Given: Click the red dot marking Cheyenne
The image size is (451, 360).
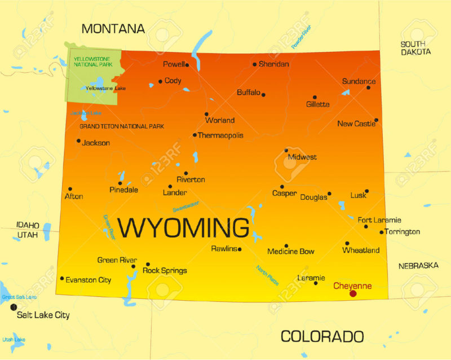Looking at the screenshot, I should click(x=353, y=293).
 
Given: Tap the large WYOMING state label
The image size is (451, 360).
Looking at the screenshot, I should click(x=184, y=228).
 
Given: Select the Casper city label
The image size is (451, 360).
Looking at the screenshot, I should click(x=284, y=193).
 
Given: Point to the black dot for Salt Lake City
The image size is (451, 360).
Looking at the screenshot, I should click(x=14, y=307).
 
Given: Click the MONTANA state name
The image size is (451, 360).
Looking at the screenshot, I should click(x=113, y=28).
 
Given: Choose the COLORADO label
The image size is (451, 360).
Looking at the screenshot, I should click(x=322, y=336).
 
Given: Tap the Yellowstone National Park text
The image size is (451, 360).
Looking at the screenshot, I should click(x=92, y=61).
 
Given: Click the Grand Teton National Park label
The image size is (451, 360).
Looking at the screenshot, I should click(x=122, y=126).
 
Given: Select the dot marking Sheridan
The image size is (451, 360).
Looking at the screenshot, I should click(x=255, y=64).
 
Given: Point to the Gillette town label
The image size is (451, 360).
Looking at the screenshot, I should click(x=318, y=104).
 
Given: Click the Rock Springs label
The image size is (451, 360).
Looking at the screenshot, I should click(x=165, y=271).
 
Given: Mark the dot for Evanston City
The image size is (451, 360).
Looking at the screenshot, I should click(x=62, y=278).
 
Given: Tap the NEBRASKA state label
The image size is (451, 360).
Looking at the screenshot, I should click(x=418, y=265).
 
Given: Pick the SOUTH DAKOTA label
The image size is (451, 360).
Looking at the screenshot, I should click(x=415, y=48).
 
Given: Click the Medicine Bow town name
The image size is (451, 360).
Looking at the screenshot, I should click(x=291, y=252).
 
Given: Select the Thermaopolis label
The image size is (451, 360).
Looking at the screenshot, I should click(x=220, y=135).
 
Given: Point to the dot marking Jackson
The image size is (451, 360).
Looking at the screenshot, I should click(x=78, y=141).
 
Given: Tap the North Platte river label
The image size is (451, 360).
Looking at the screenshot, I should click(x=267, y=275).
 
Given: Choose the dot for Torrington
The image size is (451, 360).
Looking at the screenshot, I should click(x=382, y=232).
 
